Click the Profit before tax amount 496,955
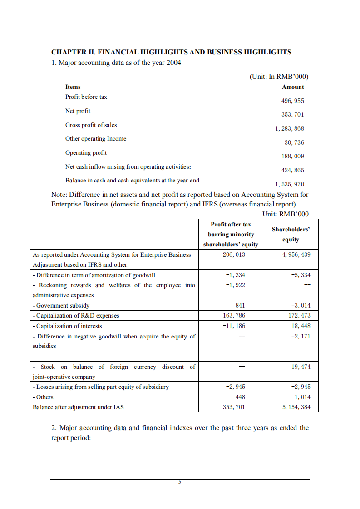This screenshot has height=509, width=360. click(293, 101)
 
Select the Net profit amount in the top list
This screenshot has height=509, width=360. click(293, 115)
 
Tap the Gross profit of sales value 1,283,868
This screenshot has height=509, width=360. click(290, 129)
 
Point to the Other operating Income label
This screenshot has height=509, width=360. click(96, 139)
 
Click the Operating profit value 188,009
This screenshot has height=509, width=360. click(293, 157)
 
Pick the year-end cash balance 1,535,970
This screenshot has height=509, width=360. click(290, 184)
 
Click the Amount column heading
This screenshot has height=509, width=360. click(293, 87)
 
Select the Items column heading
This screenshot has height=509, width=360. click(73, 87)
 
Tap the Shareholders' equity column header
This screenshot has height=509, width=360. click(291, 235)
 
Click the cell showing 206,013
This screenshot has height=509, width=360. click(234, 254)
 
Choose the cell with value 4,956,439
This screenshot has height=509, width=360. click(296, 254)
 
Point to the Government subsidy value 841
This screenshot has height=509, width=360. click(241, 306)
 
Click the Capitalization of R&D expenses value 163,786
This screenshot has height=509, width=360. click(234, 316)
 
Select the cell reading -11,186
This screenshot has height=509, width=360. click(235, 326)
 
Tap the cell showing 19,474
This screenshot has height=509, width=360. click(301, 367)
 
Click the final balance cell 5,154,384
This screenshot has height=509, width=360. click(296, 407)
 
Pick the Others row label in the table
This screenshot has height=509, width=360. click(43, 397)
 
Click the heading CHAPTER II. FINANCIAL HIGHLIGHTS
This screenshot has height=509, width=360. click(171, 52)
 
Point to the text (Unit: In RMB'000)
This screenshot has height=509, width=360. click(279, 77)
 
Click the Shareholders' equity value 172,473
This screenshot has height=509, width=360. click(299, 316)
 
